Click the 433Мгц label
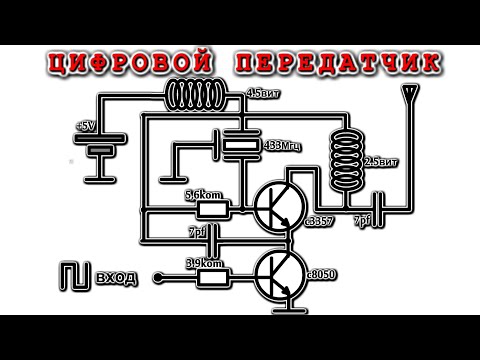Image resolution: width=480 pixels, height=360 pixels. tap(284, 147)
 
